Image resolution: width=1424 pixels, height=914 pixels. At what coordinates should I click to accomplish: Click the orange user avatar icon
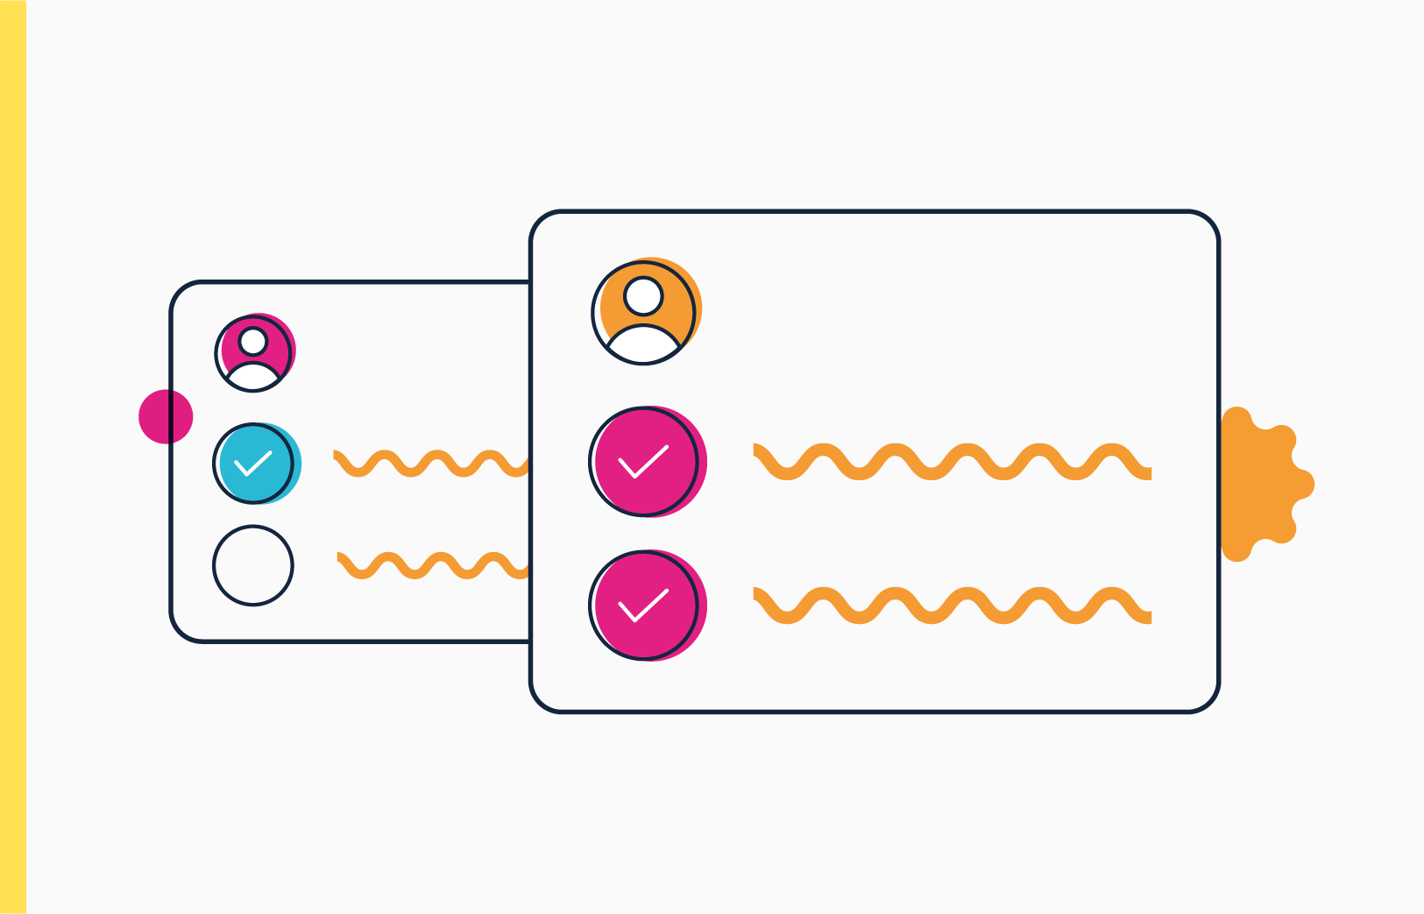[645, 312]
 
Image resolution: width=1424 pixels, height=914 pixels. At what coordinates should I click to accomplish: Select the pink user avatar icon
[254, 352]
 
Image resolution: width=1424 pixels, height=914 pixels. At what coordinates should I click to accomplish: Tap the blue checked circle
[255, 464]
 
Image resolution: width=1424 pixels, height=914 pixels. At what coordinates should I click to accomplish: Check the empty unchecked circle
[253, 565]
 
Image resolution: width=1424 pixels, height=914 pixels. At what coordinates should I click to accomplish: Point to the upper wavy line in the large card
[952, 462]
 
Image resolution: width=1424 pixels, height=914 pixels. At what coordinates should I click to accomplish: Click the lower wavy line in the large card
[952, 606]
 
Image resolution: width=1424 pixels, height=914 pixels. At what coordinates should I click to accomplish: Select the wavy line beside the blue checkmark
[429, 463]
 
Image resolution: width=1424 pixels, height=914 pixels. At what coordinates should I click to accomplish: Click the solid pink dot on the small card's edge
[163, 417]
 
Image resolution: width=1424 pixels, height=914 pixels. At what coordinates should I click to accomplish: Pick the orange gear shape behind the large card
[1262, 484]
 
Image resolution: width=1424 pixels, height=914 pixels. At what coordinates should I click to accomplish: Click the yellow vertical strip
[13, 457]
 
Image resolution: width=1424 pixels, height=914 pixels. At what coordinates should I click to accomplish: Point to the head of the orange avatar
[644, 296]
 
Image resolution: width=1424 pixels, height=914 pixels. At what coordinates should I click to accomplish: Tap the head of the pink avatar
[253, 341]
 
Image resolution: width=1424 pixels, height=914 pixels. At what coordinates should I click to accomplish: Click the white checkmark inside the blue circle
[253, 463]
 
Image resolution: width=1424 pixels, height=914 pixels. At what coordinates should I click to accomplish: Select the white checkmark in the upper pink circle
[643, 462]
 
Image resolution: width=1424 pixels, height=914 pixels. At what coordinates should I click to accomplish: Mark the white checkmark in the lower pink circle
[643, 606]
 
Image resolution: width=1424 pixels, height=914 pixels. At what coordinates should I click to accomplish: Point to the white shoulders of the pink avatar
[253, 377]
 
